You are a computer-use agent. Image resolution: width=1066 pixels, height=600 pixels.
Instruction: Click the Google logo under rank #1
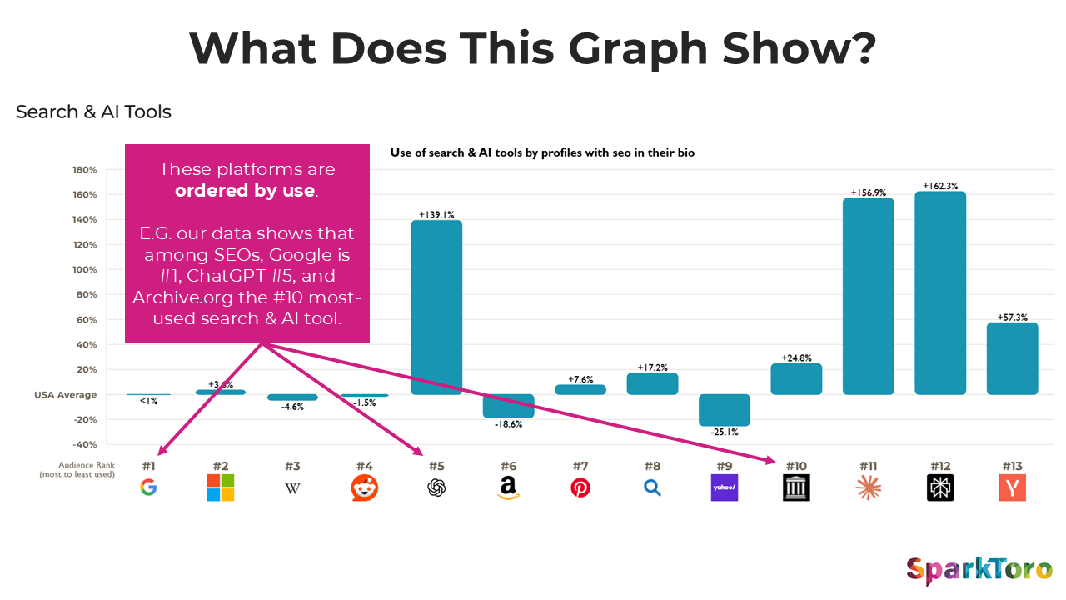tap(148, 487)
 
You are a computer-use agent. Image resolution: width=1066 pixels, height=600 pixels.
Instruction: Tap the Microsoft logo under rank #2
tap(221, 487)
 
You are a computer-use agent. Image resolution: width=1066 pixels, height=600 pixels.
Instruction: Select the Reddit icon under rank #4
tap(365, 487)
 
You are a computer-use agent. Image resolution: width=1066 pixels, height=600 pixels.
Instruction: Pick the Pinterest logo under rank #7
tap(580, 487)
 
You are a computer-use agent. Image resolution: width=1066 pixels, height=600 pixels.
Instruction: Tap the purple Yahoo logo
tap(725, 487)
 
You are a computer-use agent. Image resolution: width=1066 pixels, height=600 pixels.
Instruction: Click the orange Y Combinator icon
tap(1012, 487)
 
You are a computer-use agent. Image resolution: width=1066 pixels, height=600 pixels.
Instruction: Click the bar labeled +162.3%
tap(940, 292)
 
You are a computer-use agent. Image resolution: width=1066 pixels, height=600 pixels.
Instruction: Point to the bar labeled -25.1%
tap(725, 410)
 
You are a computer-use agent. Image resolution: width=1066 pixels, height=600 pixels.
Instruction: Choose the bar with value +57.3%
tap(1012, 358)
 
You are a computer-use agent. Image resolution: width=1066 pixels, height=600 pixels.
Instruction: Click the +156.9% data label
tap(868, 192)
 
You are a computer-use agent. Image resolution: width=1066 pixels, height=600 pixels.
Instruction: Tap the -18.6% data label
tap(508, 424)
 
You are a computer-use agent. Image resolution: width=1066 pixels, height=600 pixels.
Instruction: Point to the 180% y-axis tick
tap(86, 170)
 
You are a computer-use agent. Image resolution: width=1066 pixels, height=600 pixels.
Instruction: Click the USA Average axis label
tap(65, 395)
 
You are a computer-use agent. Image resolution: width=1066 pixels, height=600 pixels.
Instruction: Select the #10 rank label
tap(795, 466)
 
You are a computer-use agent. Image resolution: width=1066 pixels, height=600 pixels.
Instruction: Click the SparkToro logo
tap(978, 572)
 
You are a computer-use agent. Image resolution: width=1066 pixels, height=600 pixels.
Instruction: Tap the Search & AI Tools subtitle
tap(93, 112)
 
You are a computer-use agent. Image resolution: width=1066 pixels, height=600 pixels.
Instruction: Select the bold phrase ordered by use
tap(245, 191)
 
